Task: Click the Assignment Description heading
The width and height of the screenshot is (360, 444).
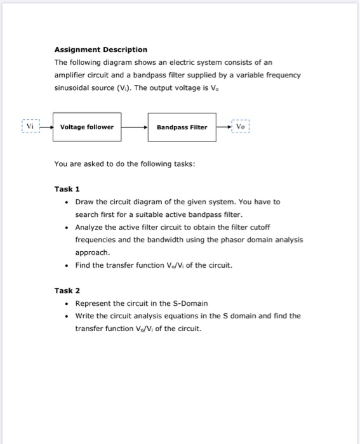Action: (x=100, y=49)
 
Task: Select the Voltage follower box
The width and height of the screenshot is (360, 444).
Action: (x=87, y=127)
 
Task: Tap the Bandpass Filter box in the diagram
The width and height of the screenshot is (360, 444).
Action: (x=182, y=127)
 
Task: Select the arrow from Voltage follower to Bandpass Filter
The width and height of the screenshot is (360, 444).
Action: (x=135, y=127)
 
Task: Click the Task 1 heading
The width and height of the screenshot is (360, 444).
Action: (x=67, y=189)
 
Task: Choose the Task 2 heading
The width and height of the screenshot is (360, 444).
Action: (x=67, y=291)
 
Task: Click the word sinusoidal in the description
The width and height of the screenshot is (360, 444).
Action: (x=74, y=88)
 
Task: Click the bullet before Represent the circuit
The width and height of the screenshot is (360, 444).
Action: (x=67, y=303)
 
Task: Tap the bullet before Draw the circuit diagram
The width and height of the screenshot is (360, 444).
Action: (x=67, y=202)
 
